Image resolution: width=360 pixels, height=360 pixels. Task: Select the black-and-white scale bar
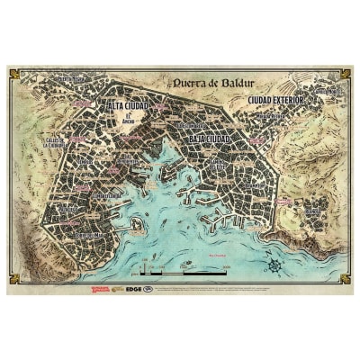click(180, 268)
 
